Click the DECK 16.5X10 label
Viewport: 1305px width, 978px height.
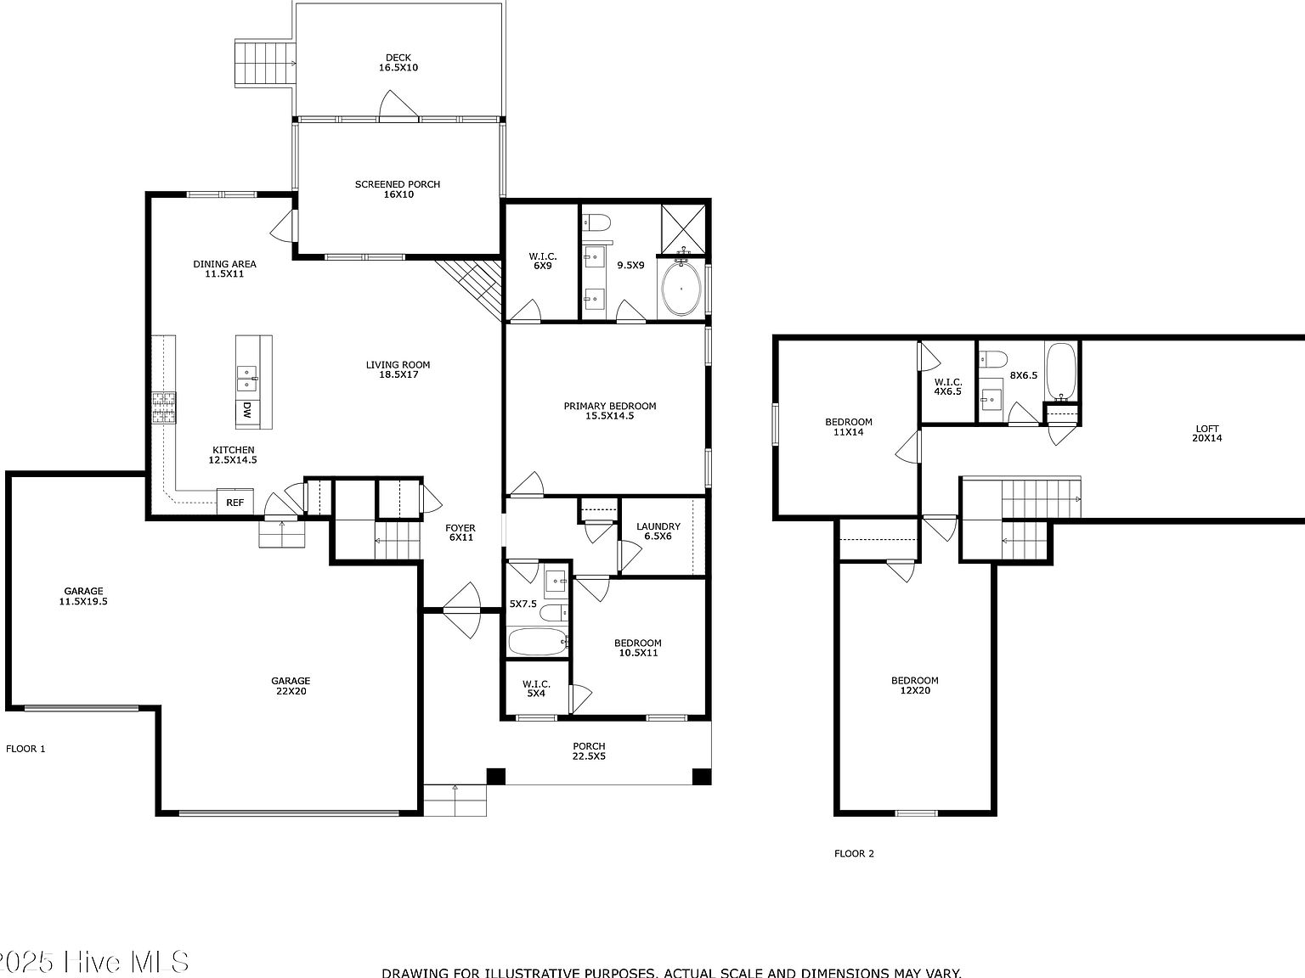[398, 63]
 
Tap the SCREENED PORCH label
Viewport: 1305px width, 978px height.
[398, 189]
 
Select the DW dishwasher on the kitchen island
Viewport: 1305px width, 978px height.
[246, 411]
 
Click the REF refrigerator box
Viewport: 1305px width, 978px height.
[234, 502]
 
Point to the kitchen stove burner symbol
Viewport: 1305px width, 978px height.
[163, 407]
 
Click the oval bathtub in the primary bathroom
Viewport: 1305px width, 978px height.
[681, 289]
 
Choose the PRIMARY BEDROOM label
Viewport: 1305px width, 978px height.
[610, 411]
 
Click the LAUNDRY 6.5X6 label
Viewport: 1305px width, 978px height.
[658, 531]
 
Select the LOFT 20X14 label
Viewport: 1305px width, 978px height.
[1206, 434]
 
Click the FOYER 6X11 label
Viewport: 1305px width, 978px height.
[460, 533]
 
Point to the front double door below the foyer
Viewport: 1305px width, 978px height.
[461, 610]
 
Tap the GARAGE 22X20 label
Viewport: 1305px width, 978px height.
[291, 686]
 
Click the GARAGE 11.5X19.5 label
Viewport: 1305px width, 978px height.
[83, 596]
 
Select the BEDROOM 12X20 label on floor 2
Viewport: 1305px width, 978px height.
[914, 685]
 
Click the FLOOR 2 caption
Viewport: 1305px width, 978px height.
[854, 854]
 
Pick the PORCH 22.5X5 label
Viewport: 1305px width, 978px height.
[589, 751]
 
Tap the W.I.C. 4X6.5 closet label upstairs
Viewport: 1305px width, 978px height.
[947, 387]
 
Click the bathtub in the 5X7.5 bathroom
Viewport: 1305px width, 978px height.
[538, 642]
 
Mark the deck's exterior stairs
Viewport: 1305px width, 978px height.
[264, 62]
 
